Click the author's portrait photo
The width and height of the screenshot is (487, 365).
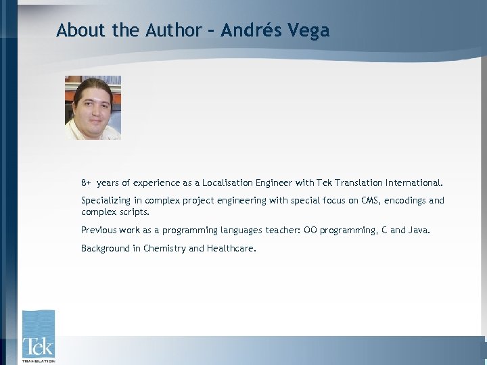[x=93, y=107]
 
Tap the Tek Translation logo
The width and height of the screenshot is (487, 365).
[x=38, y=336]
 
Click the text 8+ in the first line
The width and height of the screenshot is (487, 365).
[x=86, y=183]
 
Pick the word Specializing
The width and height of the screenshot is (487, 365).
[x=107, y=201]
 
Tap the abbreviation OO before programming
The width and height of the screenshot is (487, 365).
[x=310, y=230]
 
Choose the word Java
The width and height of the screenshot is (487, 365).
[x=419, y=230]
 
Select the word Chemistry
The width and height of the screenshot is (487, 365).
[x=164, y=249]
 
